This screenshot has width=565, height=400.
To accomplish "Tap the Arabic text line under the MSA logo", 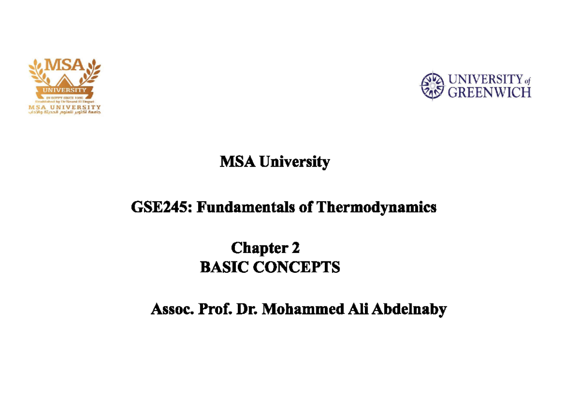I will (x=65, y=112).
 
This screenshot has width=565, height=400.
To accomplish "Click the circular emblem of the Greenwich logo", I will (x=432, y=85).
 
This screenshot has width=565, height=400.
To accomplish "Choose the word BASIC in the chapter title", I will (x=222, y=268).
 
